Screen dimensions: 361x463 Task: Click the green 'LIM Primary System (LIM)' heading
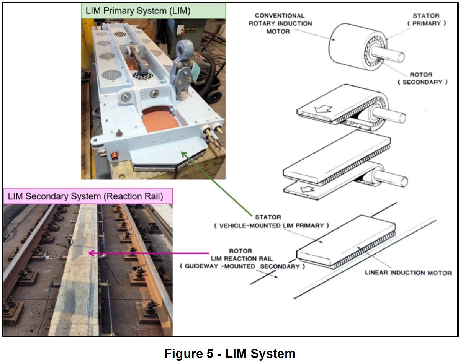(x=153, y=11)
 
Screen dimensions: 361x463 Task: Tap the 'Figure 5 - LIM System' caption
(x=230, y=353)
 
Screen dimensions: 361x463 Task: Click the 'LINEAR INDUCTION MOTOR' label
(x=408, y=273)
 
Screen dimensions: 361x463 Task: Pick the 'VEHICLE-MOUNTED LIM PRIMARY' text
(x=271, y=225)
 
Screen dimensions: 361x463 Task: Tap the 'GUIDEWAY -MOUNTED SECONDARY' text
(x=242, y=266)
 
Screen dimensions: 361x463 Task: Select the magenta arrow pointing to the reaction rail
(x=149, y=253)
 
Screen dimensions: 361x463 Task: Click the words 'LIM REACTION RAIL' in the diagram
(x=240, y=259)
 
